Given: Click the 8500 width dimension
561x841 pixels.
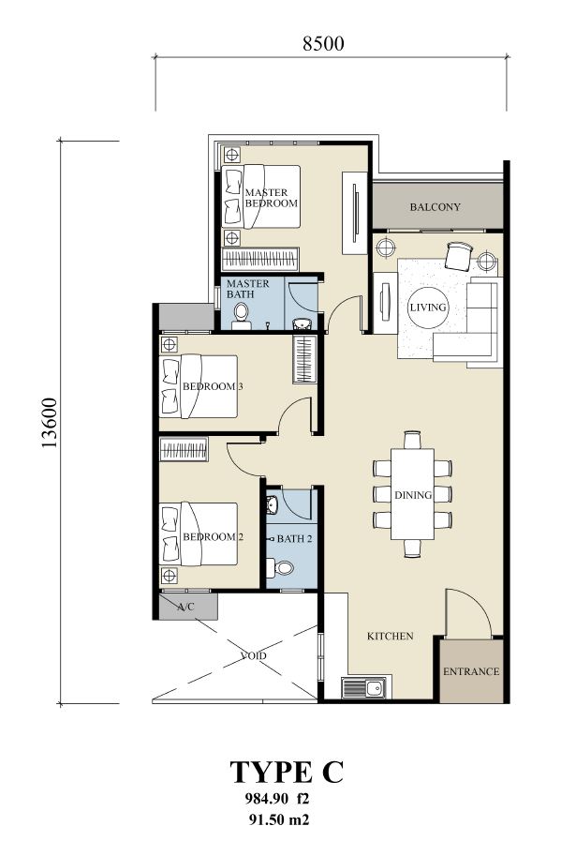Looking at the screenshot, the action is click(323, 43).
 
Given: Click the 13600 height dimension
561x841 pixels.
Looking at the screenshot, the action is click(50, 423).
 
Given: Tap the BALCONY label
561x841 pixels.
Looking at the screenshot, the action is click(436, 207).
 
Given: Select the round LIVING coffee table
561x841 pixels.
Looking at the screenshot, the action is click(428, 308).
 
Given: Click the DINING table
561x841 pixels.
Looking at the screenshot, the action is click(413, 494).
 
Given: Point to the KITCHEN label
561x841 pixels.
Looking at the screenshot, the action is click(390, 636).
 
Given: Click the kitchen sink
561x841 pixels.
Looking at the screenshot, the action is click(363, 688).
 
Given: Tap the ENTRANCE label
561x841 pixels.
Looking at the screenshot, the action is click(471, 671).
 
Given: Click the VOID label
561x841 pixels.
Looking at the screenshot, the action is click(254, 655).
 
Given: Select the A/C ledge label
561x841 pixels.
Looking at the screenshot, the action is click(186, 608).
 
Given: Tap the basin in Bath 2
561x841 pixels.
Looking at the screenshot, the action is click(272, 504).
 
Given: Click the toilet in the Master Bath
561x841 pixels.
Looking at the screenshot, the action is click(241, 316).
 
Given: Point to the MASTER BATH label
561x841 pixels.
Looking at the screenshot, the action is click(247, 289).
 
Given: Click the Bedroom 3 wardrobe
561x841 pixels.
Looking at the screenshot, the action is click(303, 359).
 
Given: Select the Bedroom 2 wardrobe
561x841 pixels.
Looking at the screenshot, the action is click(184, 449).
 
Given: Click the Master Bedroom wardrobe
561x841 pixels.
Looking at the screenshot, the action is click(260, 260).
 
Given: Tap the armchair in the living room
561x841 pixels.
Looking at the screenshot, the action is click(459, 256).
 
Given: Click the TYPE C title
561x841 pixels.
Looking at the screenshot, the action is click(287, 773).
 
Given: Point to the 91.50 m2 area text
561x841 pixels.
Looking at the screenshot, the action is click(277, 819).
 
